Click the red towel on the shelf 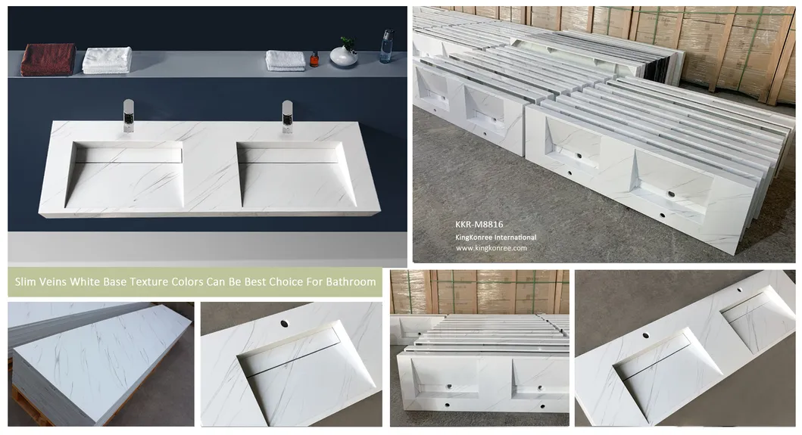tap(48, 59)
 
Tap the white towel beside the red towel tap(107, 60)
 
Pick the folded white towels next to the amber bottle tap(286, 61)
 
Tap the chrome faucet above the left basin tap(128, 117)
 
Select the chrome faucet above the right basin tap(288, 116)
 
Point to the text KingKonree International tap(495, 237)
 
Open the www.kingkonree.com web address tap(491, 247)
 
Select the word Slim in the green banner tap(27, 282)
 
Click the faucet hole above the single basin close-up tap(285, 323)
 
